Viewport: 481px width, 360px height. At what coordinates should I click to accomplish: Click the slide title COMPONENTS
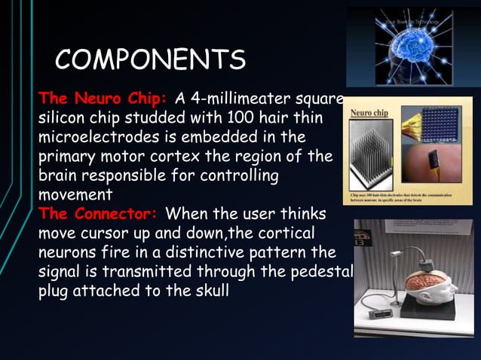pyautogui.click(x=151, y=59)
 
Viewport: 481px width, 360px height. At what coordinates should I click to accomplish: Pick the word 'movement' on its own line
pyautogui.click(x=75, y=195)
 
